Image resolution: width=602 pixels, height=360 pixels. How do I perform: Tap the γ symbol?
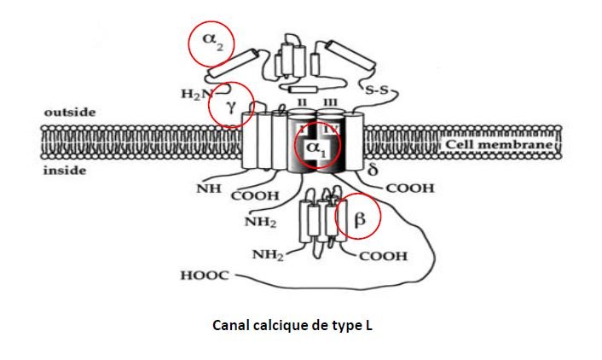point(230,106)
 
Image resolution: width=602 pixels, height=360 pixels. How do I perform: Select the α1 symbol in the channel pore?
point(316,148)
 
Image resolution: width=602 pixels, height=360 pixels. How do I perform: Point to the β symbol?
point(359,220)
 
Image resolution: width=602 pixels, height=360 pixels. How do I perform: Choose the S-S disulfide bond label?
point(377,90)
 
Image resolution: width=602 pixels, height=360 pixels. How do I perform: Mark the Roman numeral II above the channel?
point(303,103)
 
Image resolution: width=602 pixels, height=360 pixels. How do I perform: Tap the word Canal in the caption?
point(229,325)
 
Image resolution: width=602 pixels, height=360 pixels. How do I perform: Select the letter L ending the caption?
point(372,325)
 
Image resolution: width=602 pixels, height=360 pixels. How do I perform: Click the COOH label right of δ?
point(410,188)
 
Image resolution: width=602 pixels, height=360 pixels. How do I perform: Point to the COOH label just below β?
point(383,256)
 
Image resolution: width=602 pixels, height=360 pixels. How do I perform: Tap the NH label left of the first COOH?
point(205,187)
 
